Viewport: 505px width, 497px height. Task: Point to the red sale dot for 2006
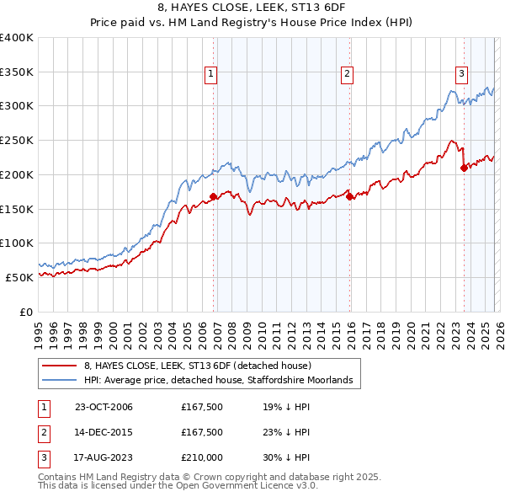(213, 196)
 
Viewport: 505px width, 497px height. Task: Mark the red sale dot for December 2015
(349, 197)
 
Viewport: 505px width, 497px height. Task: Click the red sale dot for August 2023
(464, 168)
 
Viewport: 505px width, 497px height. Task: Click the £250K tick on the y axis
(17, 140)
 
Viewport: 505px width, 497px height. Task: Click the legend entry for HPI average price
(223, 381)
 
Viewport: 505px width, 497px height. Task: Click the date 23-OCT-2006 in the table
(104, 407)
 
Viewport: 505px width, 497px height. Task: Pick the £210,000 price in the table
(202, 457)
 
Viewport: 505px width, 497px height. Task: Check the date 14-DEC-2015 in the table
(104, 432)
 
